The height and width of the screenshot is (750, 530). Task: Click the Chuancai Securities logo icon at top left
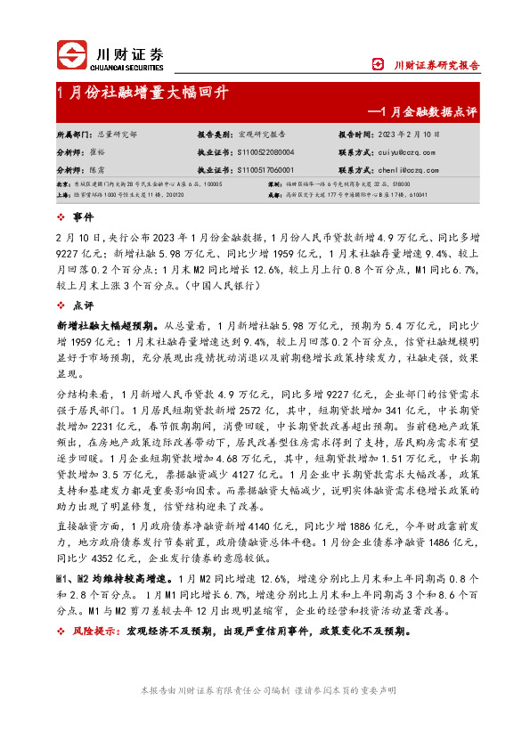tap(74, 55)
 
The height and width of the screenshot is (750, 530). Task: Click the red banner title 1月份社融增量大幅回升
tap(143, 93)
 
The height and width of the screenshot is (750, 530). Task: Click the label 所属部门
tap(75, 134)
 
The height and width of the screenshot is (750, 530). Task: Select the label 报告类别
tap(216, 134)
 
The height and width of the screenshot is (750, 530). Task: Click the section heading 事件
tap(83, 216)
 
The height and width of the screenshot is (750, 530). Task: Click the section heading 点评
tap(83, 305)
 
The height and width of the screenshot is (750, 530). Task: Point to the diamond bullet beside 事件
tap(61, 216)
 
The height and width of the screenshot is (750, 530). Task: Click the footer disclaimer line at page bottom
tap(265, 690)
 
